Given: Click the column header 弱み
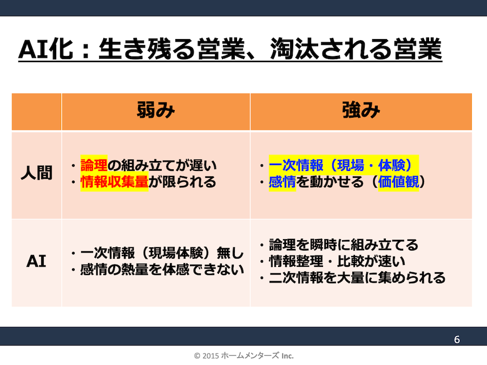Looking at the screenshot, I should [155, 111].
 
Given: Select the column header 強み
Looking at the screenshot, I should [361, 111].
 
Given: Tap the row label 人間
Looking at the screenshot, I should [36, 175].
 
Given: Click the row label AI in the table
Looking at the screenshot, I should [36, 261].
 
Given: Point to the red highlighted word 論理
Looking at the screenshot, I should [94, 165].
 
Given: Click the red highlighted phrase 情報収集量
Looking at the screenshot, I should [114, 182].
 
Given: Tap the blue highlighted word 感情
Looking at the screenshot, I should [282, 182].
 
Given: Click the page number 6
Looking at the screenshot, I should [457, 340].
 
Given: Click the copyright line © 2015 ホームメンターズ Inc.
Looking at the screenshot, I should [243, 356].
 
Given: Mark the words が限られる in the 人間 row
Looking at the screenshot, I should [182, 182].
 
